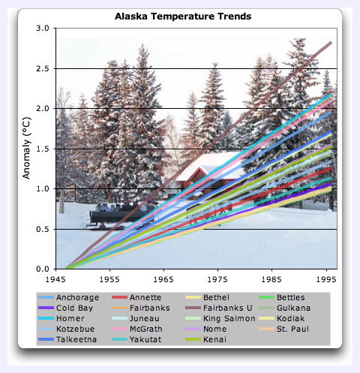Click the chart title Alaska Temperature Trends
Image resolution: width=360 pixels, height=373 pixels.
click(x=183, y=17)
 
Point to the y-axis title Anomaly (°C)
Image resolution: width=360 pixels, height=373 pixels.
click(x=26, y=148)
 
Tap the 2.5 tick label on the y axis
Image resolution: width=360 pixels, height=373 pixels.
click(x=43, y=68)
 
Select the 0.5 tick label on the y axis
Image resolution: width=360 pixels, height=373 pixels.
click(x=43, y=229)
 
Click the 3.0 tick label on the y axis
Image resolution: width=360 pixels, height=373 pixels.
click(x=43, y=28)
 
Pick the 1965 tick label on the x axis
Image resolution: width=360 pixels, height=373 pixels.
click(x=163, y=279)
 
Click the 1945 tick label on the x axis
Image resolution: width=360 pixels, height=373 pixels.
click(x=55, y=279)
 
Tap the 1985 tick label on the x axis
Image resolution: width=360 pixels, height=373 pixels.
click(x=271, y=279)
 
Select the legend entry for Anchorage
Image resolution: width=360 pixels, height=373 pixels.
click(x=68, y=297)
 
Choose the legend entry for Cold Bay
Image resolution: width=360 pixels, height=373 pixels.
click(x=65, y=308)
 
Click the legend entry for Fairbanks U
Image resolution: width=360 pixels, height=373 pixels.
click(x=219, y=308)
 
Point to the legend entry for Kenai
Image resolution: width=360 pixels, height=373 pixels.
click(x=205, y=339)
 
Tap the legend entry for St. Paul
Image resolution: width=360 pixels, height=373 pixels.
click(x=283, y=329)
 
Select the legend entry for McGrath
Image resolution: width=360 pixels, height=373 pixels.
click(x=137, y=329)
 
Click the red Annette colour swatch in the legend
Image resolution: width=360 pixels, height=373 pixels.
click(x=119, y=297)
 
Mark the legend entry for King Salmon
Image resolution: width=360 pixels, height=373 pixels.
click(x=220, y=318)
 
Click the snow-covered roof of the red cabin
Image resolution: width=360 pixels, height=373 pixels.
click(x=210, y=166)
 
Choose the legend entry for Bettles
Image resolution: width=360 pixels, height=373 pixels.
click(x=282, y=297)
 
